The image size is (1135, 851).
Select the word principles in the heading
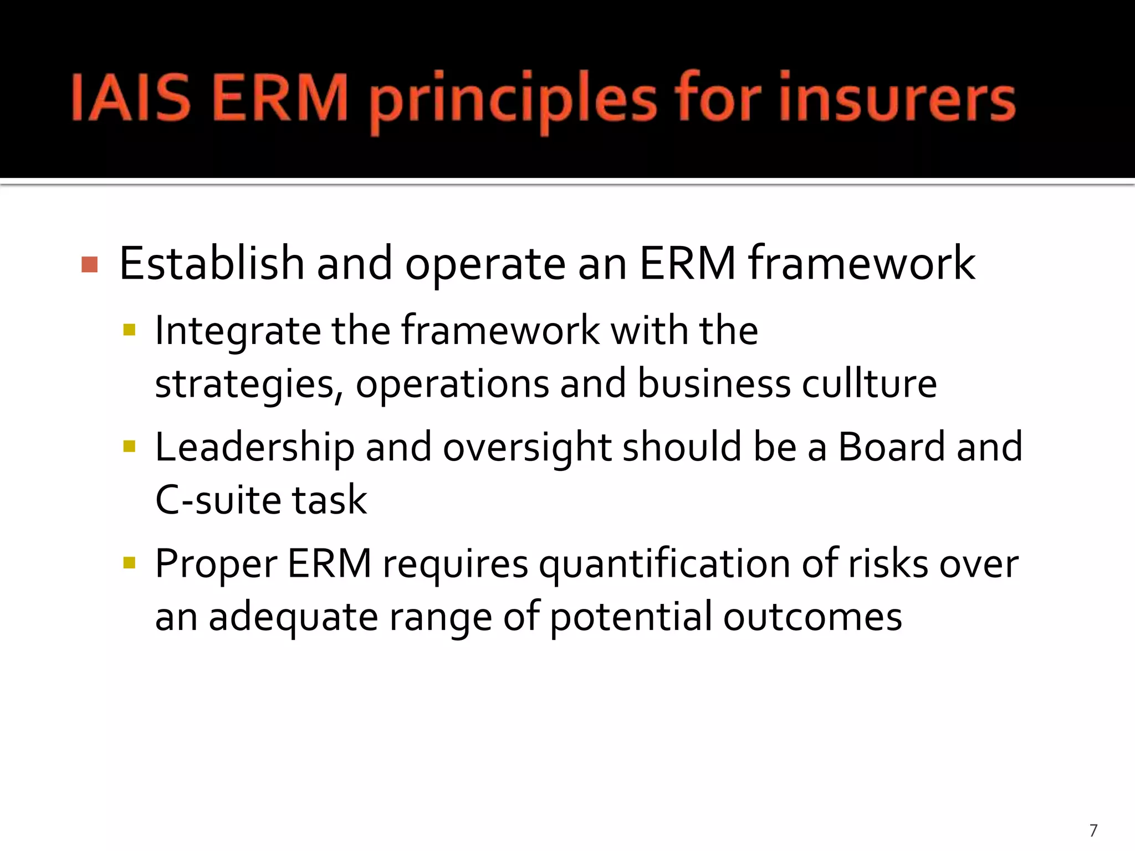click(513, 102)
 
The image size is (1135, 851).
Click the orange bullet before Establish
click(89, 265)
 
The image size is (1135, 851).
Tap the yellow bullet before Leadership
click(129, 447)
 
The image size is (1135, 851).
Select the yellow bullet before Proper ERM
click(129, 563)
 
